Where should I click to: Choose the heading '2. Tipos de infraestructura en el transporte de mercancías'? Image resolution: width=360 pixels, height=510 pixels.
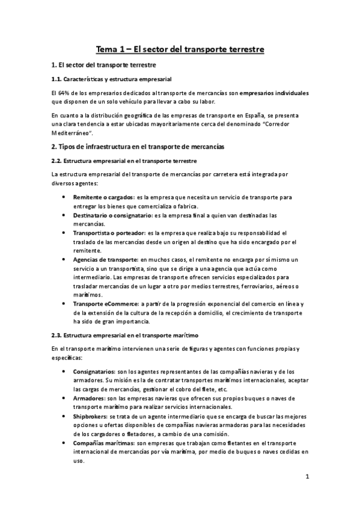click(x=138, y=146)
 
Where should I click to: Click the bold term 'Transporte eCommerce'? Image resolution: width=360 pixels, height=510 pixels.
click(x=105, y=304)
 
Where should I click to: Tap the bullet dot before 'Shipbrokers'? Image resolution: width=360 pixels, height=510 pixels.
click(x=64, y=416)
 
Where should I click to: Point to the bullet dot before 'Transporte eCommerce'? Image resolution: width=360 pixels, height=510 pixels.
click(x=64, y=304)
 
